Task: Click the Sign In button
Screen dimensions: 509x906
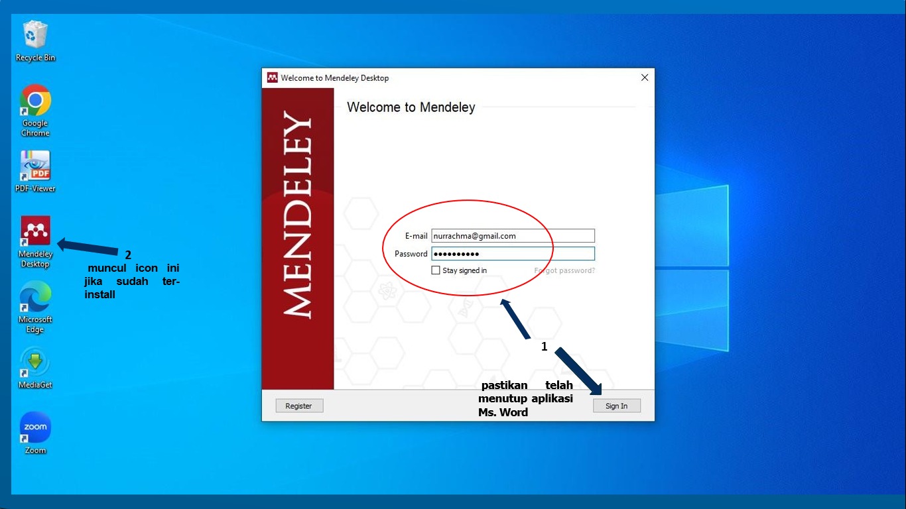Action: point(616,406)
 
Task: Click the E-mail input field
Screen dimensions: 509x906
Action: point(513,236)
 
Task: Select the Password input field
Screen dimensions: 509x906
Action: point(513,254)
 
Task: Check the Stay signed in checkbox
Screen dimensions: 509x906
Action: point(436,270)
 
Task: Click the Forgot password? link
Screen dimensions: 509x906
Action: point(564,270)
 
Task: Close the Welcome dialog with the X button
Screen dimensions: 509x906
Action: point(644,78)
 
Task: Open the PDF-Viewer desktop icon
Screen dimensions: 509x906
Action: point(35,166)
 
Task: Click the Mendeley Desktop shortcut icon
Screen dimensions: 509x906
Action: point(35,231)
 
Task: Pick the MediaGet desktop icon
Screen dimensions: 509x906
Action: point(35,363)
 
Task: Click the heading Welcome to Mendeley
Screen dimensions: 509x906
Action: point(411,107)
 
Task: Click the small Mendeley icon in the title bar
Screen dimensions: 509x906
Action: point(272,78)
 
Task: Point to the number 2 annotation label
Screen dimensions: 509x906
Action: point(128,255)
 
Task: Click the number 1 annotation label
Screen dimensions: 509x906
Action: point(545,347)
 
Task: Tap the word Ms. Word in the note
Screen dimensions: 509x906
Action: point(503,412)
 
